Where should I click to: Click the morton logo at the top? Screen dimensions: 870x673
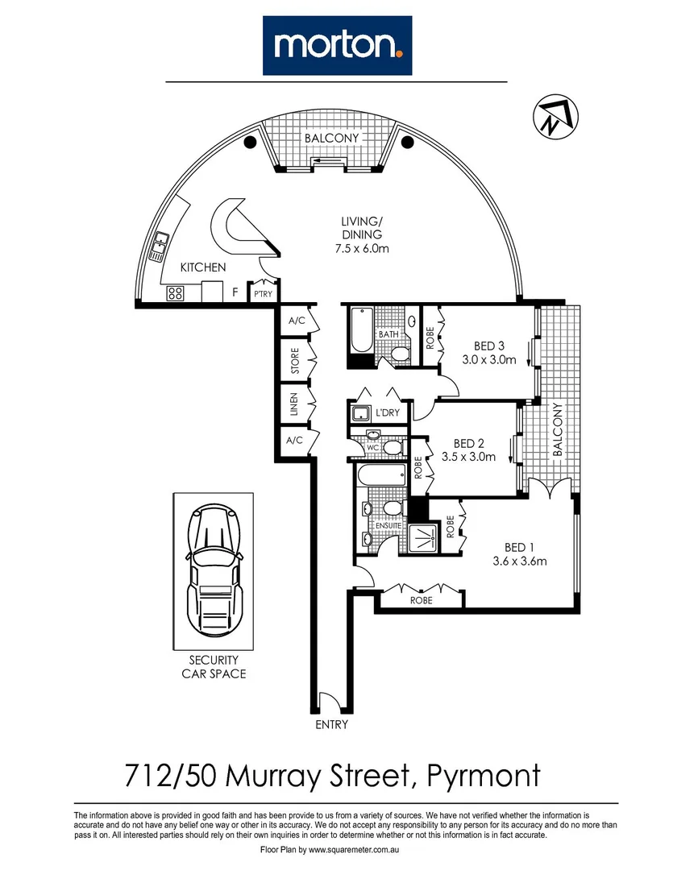click(x=337, y=45)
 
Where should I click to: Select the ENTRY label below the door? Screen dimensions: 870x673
click(x=331, y=725)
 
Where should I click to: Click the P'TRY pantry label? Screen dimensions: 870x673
click(x=261, y=295)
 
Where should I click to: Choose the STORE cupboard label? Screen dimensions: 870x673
click(x=296, y=360)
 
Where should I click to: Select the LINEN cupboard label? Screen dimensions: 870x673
click(x=296, y=405)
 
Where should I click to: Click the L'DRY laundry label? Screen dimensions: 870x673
click(x=389, y=412)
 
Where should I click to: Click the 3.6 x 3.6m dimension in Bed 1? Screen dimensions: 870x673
click(x=520, y=561)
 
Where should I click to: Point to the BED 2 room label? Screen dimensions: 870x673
click(x=468, y=443)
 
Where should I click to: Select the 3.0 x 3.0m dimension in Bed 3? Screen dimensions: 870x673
click(x=488, y=360)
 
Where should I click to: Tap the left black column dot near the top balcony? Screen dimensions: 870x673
click(x=250, y=143)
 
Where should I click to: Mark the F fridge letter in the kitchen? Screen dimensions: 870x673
click(x=235, y=292)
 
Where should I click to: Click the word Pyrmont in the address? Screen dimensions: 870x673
click(x=482, y=777)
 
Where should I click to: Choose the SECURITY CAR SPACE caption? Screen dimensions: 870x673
click(x=214, y=666)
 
